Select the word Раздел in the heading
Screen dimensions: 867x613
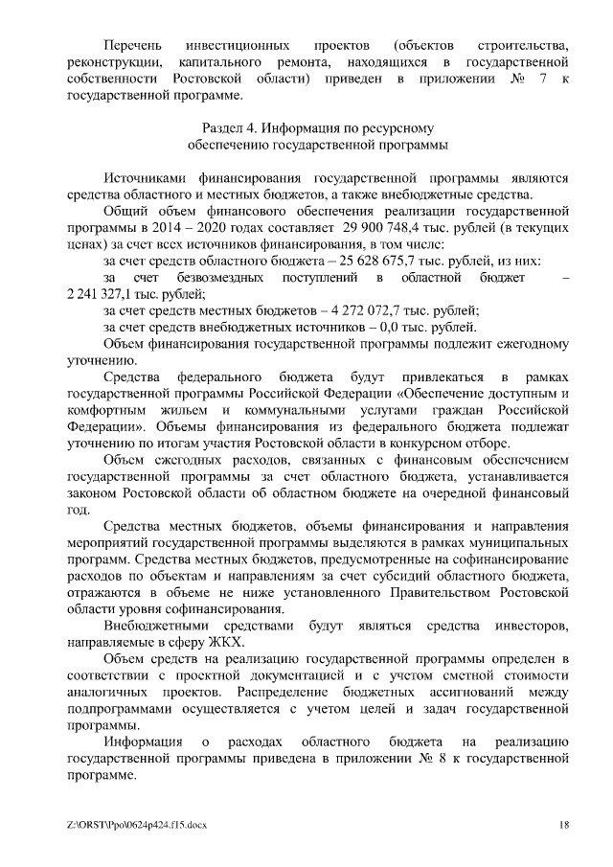(225, 127)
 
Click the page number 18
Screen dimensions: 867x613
(565, 824)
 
